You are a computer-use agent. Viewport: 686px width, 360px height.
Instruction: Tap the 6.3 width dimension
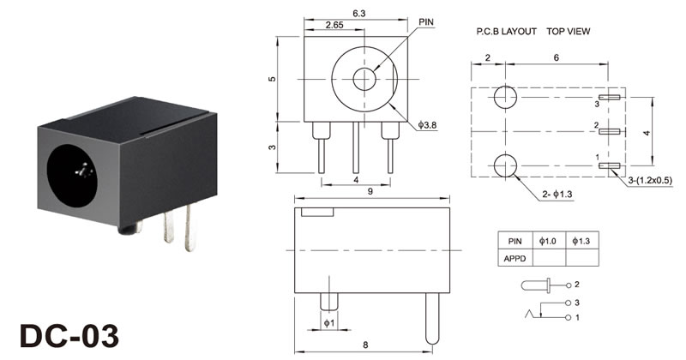(358, 12)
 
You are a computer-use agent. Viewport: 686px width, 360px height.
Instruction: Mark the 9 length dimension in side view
(371, 192)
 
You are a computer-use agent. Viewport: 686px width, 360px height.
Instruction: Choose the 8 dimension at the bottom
(365, 345)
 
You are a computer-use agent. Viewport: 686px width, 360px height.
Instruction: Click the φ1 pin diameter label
(328, 322)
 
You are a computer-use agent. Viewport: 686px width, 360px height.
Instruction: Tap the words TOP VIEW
(568, 31)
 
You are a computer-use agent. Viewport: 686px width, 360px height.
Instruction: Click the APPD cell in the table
(514, 256)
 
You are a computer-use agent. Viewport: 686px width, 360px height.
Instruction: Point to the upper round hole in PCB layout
(505, 98)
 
